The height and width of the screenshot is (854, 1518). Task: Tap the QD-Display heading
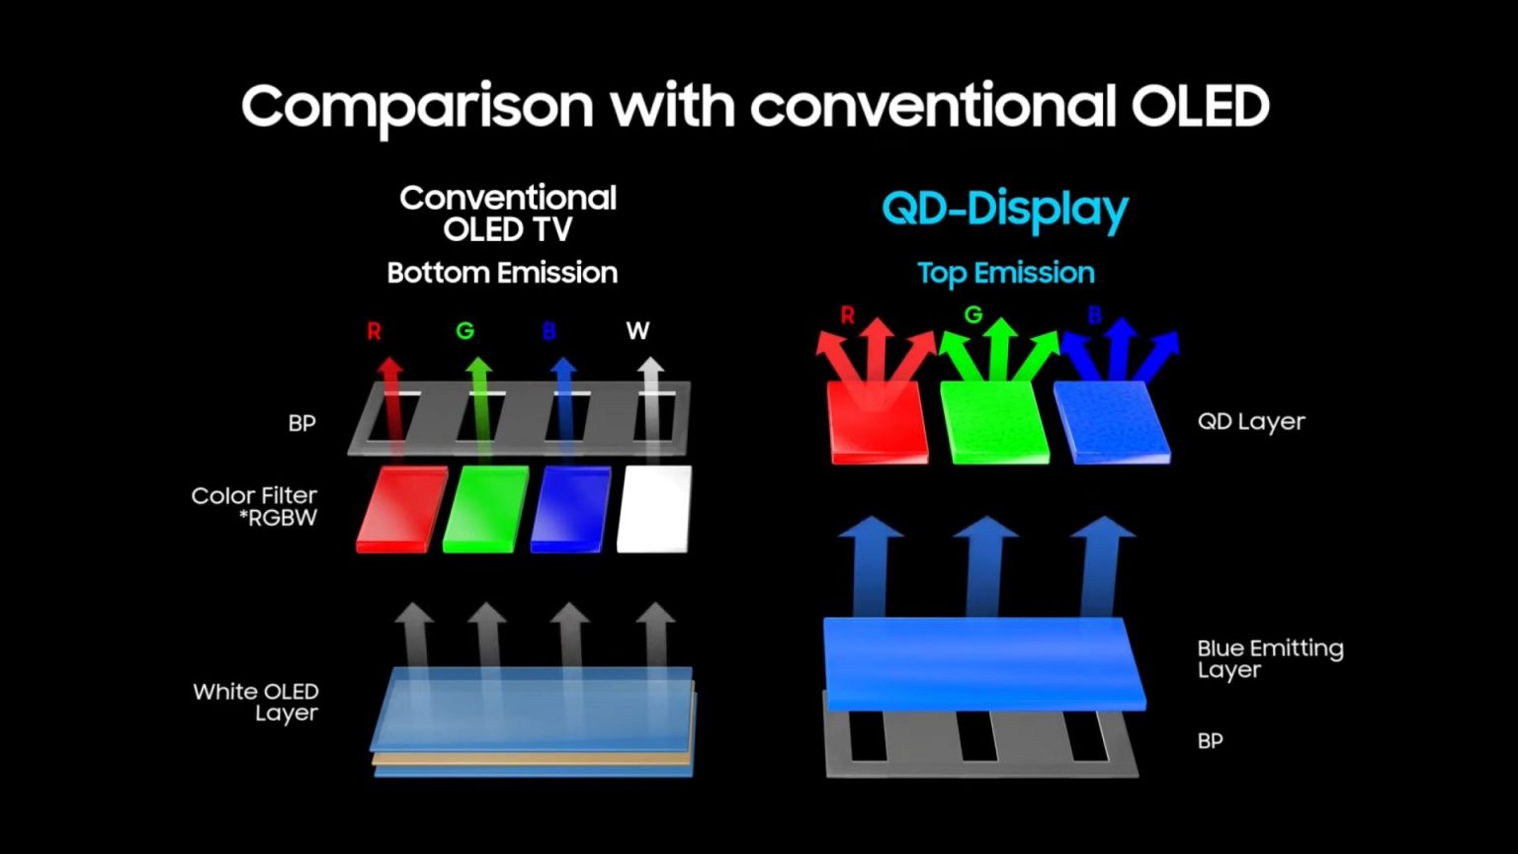[1004, 209]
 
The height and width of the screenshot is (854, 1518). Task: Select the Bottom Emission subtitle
[502, 273]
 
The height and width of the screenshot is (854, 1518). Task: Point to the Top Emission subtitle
[1005, 273]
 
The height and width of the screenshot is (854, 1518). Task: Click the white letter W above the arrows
[637, 331]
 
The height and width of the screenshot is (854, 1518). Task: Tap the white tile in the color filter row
[653, 509]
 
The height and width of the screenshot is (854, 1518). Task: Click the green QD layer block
[993, 422]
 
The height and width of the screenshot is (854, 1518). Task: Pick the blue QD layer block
[1111, 422]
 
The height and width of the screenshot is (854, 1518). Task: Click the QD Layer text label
[1251, 422]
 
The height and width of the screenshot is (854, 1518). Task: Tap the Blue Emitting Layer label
[1269, 658]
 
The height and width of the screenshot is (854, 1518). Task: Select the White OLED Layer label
[256, 702]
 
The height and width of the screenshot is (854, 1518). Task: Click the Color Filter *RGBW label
[255, 506]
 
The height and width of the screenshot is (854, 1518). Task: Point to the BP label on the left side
[301, 423]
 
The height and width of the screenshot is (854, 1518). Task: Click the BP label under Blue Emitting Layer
[1210, 741]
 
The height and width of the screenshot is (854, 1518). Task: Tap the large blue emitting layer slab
[983, 662]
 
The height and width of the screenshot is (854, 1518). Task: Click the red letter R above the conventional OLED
[374, 331]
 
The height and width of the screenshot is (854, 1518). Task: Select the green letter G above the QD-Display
[973, 314]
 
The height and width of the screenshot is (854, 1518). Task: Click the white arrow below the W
[649, 405]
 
